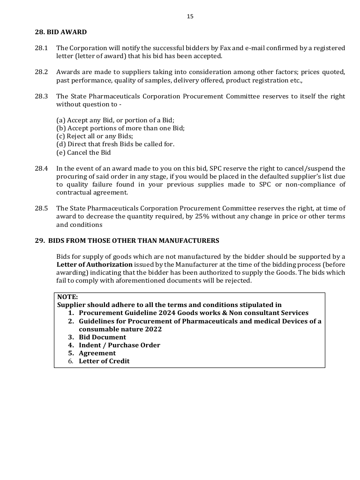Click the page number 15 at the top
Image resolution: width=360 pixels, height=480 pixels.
point(190,16)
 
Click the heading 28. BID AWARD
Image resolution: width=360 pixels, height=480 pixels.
point(60,32)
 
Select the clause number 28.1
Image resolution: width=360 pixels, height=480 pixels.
point(41,48)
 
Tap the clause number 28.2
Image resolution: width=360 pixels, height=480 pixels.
point(41,72)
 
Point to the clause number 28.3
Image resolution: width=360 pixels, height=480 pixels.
point(41,96)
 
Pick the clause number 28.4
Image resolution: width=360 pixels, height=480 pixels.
point(41,168)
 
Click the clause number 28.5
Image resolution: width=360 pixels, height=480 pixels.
point(41,208)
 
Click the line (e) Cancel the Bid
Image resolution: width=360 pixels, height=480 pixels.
point(83,152)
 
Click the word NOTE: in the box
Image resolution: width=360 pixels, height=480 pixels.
point(67,297)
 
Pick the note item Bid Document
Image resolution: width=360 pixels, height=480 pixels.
point(102,337)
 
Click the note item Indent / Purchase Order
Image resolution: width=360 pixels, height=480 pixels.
point(119,345)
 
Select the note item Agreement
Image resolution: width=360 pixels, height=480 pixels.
point(97,353)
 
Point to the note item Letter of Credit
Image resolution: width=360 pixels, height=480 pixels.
point(104,361)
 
